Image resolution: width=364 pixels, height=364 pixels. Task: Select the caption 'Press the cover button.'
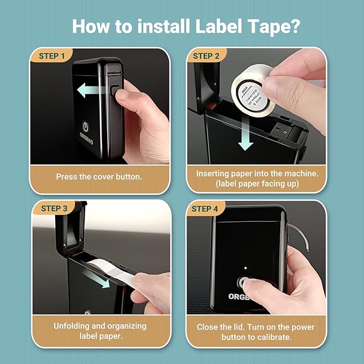coord(100,176)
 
